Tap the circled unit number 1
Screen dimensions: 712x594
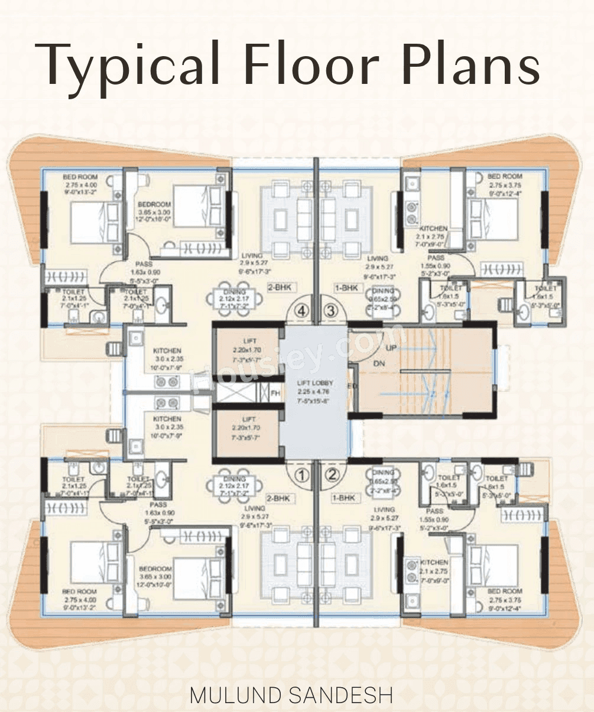302,473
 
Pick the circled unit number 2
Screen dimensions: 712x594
332,473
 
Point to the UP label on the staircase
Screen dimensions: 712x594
391,349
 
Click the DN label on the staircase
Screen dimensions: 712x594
379,364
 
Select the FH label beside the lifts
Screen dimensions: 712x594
275,392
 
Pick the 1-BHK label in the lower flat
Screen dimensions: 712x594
344,498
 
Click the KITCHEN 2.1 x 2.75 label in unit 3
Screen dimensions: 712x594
434,233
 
